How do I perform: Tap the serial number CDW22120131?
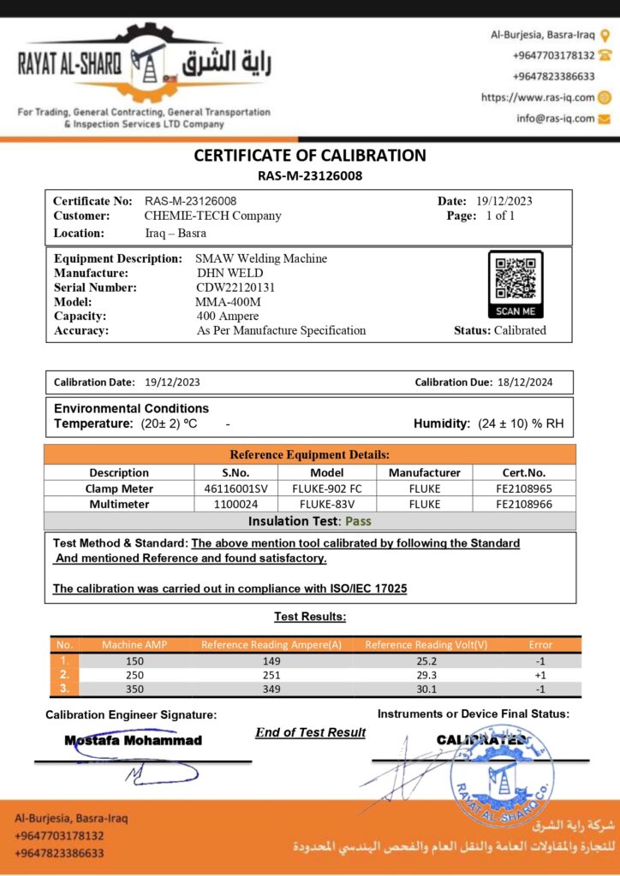coord(235,287)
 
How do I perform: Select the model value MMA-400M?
coord(229,302)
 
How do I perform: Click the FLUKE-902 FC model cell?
coord(327,488)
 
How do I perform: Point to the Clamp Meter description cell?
coord(118,488)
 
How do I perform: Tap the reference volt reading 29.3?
coord(426,675)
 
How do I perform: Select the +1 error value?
coord(540,675)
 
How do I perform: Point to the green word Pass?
coord(358,520)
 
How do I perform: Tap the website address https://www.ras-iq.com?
coord(538,98)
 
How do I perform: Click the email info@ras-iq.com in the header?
coord(555,118)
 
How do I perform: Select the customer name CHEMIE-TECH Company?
coord(212,216)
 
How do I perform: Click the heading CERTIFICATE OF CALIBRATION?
coord(310,156)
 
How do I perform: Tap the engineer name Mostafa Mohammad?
coord(134,740)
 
